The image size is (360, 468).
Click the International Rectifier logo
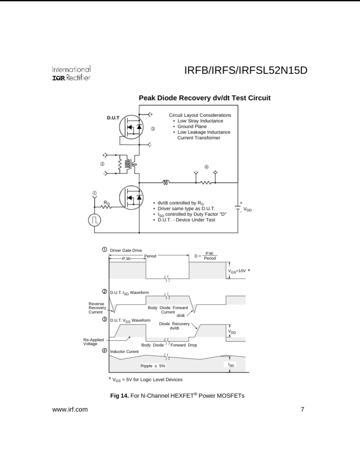click(71, 73)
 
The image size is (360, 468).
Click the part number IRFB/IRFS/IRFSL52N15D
click(246, 70)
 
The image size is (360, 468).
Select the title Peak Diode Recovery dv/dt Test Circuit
click(204, 98)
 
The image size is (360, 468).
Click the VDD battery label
click(247, 209)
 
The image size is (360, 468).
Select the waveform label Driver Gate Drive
click(126, 250)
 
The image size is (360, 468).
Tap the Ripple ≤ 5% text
click(153, 366)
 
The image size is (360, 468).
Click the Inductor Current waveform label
click(124, 351)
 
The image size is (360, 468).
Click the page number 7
click(302, 409)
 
